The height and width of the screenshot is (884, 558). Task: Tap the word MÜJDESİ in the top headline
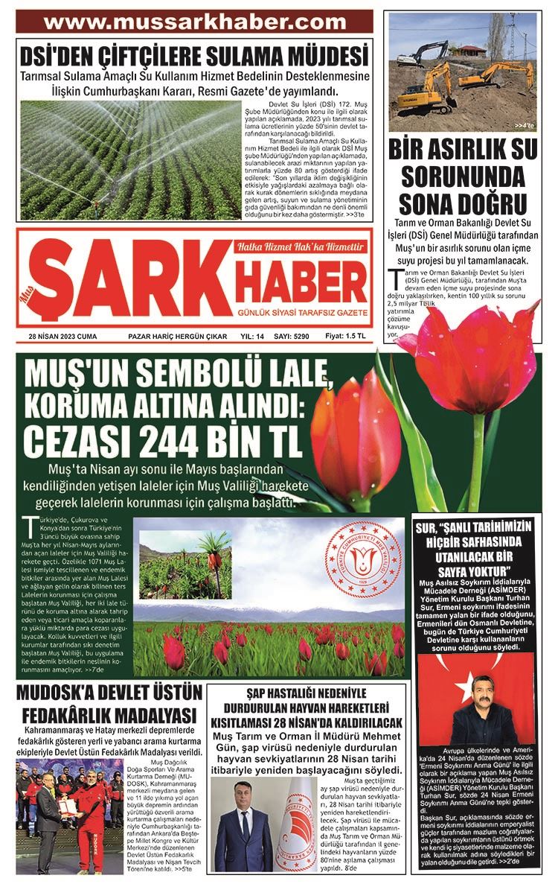tap(321, 57)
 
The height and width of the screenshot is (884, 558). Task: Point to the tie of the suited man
tap(245, 826)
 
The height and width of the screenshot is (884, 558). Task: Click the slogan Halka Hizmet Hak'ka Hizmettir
tap(301, 247)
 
